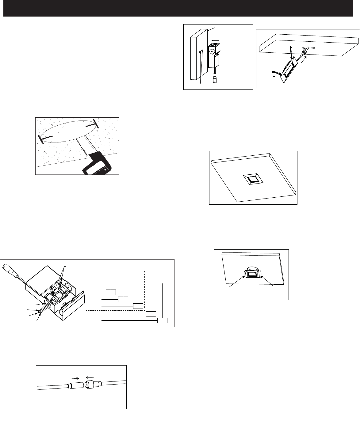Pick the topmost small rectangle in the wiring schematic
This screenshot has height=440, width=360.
click(111, 291)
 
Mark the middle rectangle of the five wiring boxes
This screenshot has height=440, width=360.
click(138, 306)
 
